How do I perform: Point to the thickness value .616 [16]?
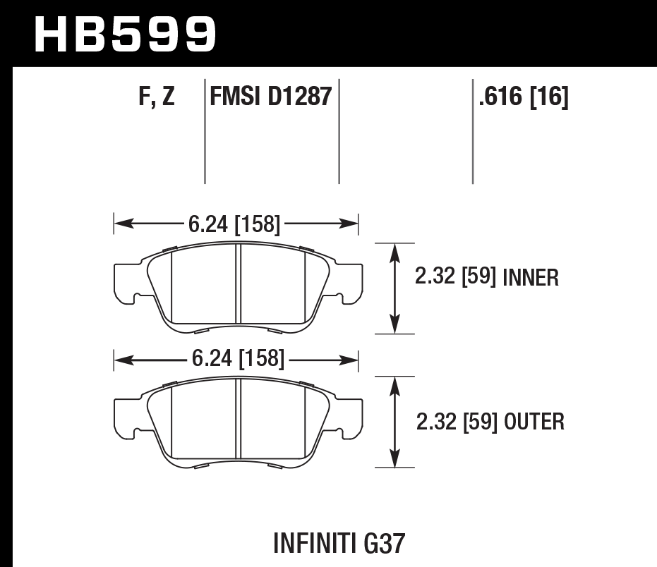pos(523,97)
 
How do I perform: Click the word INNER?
pos(531,279)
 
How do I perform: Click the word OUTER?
pos(534,422)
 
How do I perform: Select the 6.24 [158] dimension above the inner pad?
pos(234,225)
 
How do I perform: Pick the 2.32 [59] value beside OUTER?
pos(456,422)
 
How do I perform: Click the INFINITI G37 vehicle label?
pos(339,543)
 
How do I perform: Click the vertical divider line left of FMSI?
pos(205,130)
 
